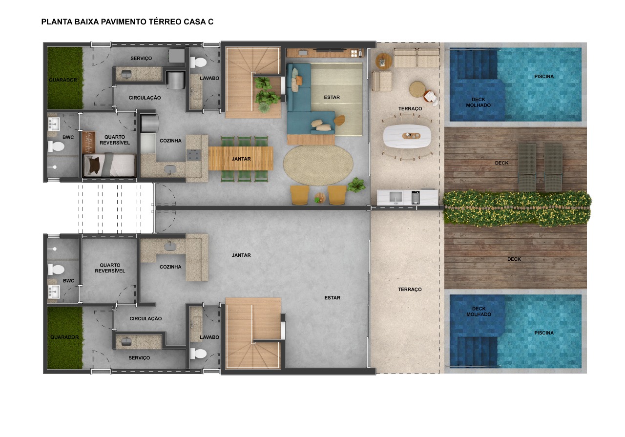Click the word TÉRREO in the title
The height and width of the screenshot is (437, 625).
click(x=165, y=22)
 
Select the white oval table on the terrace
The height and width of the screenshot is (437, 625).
click(x=407, y=136)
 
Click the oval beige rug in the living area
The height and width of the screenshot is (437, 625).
click(x=318, y=165)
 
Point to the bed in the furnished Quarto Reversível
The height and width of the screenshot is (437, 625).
click(x=109, y=165)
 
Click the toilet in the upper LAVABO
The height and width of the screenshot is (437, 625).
click(x=198, y=62)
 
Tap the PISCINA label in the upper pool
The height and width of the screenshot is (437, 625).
click(x=544, y=77)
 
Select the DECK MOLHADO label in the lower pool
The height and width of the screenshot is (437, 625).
click(x=479, y=312)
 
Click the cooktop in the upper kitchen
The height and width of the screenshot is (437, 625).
click(x=194, y=155)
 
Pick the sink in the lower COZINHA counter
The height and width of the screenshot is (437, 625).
click(x=170, y=247)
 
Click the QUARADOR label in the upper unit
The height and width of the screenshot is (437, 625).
click(x=63, y=80)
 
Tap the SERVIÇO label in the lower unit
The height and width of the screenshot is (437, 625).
click(x=139, y=358)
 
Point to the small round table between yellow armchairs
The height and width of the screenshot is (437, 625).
click(x=320, y=198)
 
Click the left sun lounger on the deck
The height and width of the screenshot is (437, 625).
click(x=527, y=167)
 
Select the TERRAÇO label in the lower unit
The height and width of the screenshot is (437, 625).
click(x=410, y=290)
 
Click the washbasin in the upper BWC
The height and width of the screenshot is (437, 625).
click(x=54, y=124)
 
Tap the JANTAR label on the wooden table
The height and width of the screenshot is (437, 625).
click(x=241, y=159)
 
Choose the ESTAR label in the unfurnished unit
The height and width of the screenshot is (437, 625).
click(x=333, y=298)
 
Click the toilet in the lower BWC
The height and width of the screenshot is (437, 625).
click(x=56, y=270)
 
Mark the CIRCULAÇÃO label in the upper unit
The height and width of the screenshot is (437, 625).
click(x=145, y=98)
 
